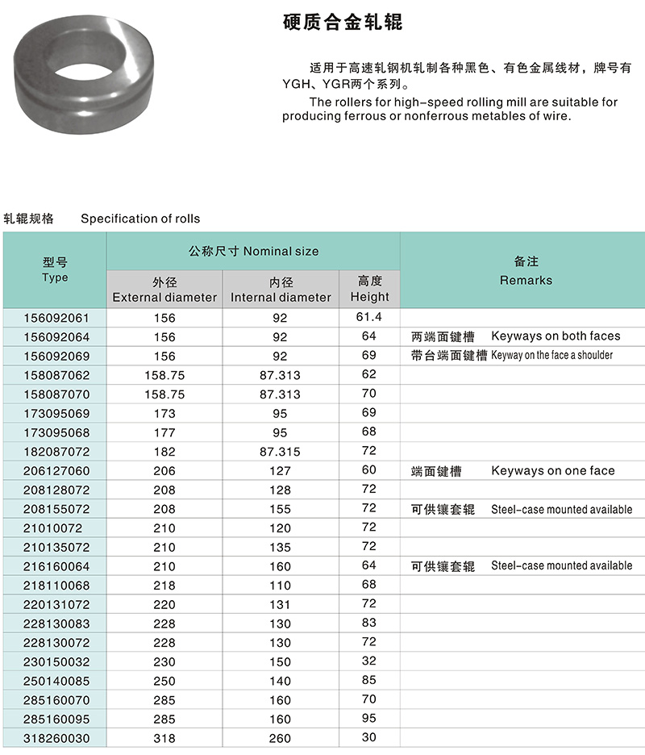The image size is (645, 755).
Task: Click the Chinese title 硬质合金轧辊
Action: (x=343, y=23)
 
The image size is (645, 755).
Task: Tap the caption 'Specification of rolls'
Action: (x=140, y=219)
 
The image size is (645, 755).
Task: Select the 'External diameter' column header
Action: (x=164, y=289)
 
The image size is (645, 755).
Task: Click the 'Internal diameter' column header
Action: (x=281, y=289)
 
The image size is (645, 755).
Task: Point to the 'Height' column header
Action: (x=369, y=289)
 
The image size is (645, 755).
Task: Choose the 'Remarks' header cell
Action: (x=526, y=271)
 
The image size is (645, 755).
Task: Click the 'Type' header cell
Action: (x=55, y=270)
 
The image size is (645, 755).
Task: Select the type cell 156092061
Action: (x=55, y=318)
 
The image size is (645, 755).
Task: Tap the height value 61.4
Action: (x=368, y=316)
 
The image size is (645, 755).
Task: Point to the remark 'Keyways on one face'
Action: (x=552, y=470)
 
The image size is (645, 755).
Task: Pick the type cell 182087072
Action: (x=55, y=452)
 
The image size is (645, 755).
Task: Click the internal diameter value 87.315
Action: (x=280, y=452)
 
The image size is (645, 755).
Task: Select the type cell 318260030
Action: (x=55, y=737)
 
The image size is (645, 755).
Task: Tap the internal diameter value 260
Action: (x=280, y=737)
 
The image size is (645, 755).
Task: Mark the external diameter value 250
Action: (x=164, y=680)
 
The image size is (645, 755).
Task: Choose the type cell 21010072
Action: (x=55, y=528)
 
